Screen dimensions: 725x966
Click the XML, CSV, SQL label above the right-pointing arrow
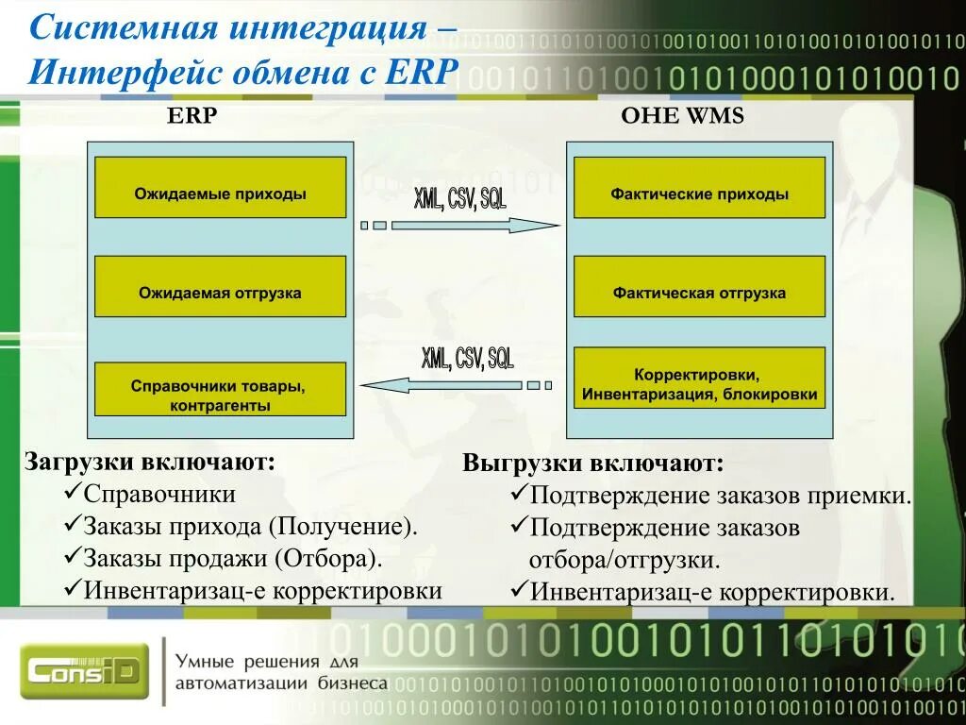click(x=460, y=200)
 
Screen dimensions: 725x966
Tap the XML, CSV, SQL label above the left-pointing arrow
click(x=468, y=360)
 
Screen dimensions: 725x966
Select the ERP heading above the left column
click(x=192, y=116)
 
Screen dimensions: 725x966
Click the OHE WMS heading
click(x=682, y=116)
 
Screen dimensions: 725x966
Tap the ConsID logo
click(x=85, y=671)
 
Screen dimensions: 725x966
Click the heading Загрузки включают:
click(x=150, y=463)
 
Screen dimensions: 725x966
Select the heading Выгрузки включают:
click(x=593, y=464)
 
